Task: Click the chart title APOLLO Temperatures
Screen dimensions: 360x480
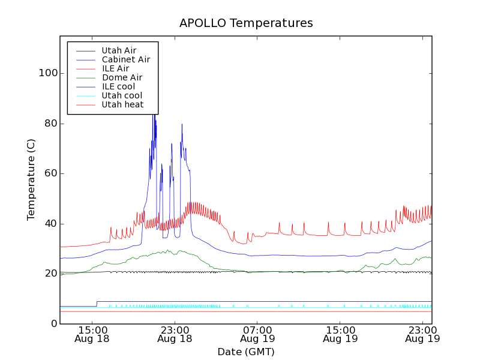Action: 246,23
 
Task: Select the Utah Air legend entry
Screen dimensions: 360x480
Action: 119,50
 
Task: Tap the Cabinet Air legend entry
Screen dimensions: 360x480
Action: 125,59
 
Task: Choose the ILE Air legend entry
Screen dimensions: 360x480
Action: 115,68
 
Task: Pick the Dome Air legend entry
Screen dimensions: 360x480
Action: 122,77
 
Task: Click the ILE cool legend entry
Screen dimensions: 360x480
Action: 118,86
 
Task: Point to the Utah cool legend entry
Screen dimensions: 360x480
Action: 122,95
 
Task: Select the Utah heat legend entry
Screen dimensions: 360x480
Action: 122,104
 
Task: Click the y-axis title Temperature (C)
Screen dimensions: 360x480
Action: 31,179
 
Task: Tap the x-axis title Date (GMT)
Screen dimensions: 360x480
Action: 246,352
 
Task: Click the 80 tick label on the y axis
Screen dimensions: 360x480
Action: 50,124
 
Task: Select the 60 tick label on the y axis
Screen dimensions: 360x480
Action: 50,173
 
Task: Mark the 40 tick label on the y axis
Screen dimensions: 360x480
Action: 50,224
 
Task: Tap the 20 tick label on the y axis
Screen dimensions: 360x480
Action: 50,274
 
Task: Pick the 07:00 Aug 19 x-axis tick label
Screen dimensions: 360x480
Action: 257,334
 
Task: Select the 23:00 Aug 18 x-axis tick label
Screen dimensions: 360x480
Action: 175,334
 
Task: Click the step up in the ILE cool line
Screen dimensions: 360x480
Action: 97,304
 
